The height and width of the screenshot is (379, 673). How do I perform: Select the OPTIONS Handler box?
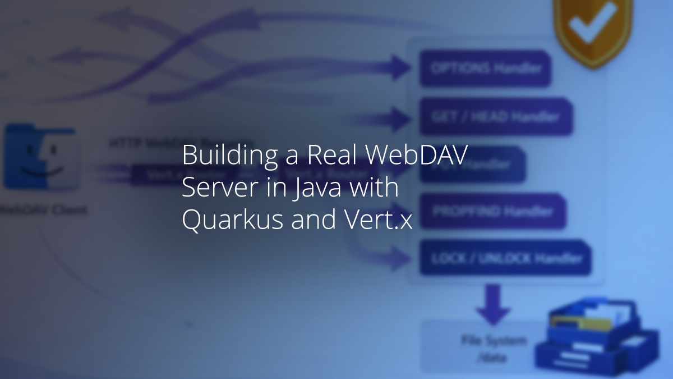click(486, 69)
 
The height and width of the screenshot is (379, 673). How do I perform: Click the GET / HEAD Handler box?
click(496, 117)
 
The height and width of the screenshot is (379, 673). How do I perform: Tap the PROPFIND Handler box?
click(492, 211)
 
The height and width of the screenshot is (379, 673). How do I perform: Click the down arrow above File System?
click(493, 304)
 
